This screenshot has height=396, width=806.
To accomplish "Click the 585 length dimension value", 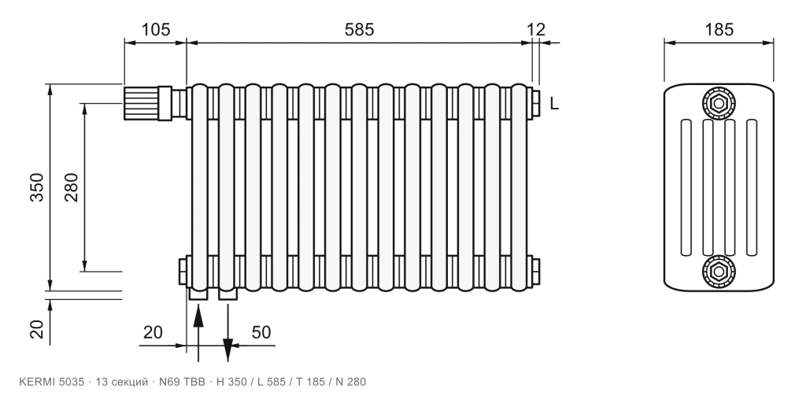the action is (x=359, y=29).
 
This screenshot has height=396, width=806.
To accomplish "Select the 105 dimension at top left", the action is (x=155, y=29).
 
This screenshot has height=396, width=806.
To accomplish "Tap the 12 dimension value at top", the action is (x=535, y=29).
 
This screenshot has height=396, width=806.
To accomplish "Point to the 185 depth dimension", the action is (x=719, y=29).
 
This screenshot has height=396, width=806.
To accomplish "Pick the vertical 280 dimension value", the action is (x=71, y=187).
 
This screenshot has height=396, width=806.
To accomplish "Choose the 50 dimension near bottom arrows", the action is (x=261, y=332).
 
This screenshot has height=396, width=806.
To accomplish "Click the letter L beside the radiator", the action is (x=554, y=104).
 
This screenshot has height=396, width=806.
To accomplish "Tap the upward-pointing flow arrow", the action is (x=198, y=331).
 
